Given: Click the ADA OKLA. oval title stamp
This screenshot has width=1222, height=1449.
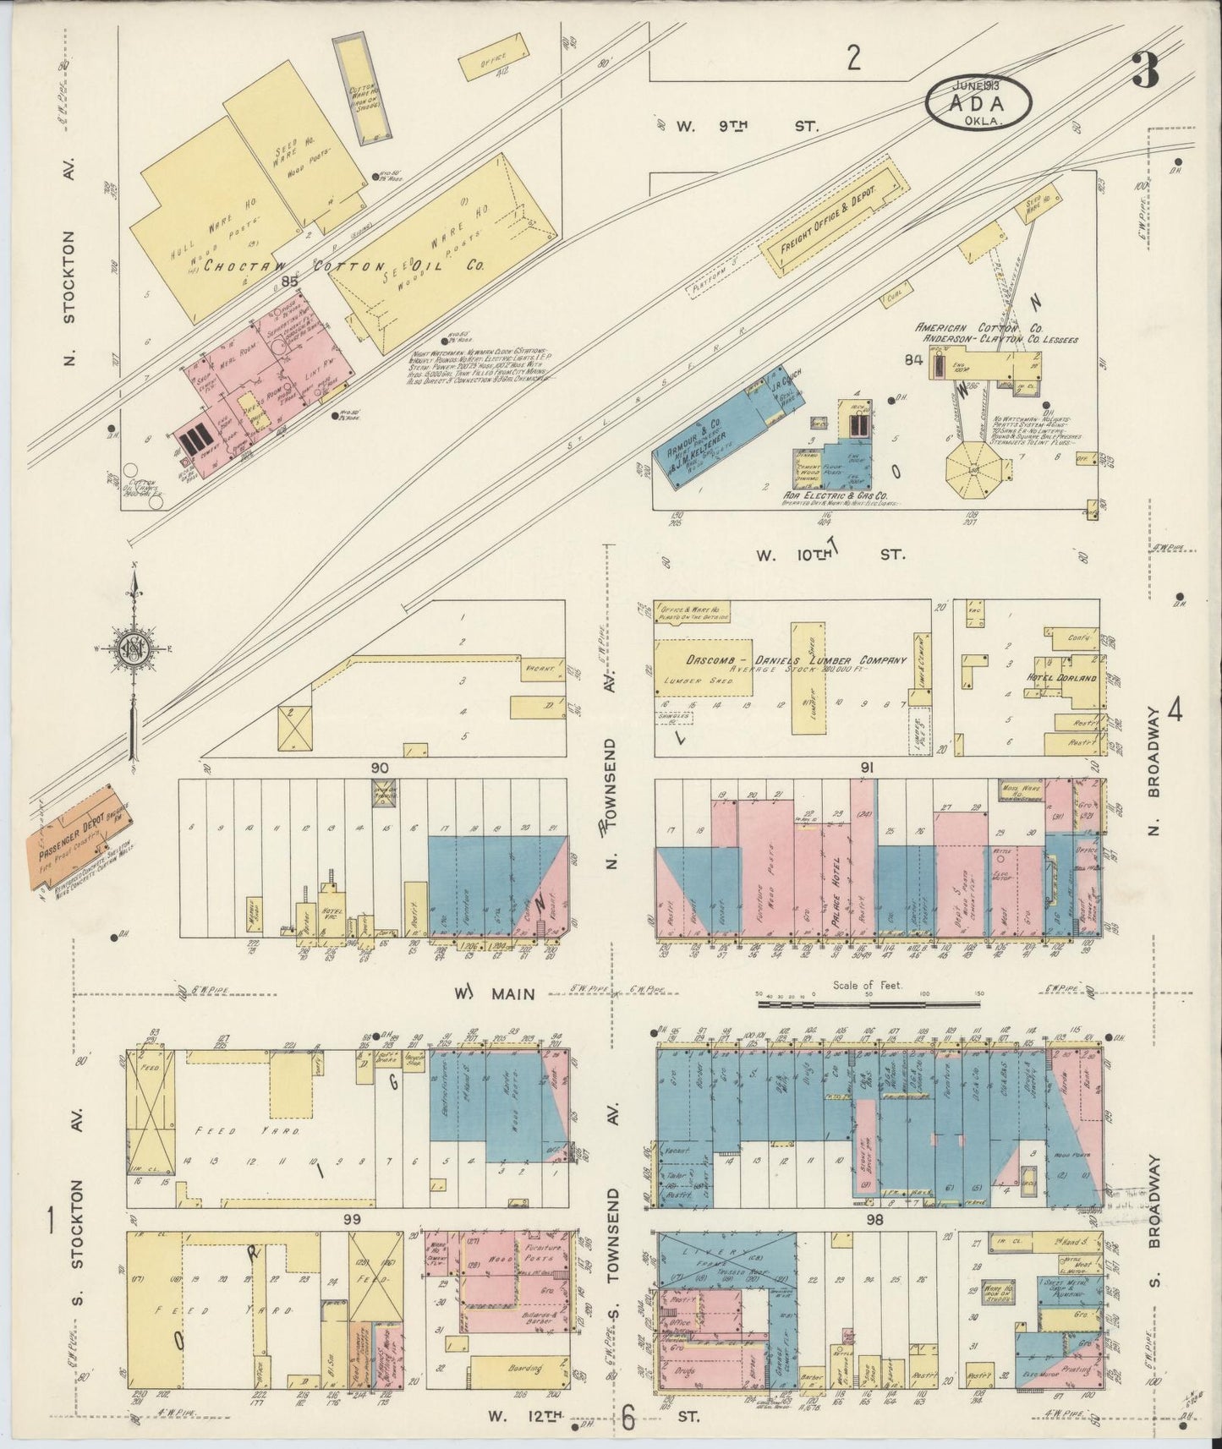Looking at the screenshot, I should (x=978, y=101).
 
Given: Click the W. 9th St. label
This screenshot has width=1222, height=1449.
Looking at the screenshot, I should (x=748, y=126).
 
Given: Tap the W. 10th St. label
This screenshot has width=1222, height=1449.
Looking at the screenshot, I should (x=830, y=555).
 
